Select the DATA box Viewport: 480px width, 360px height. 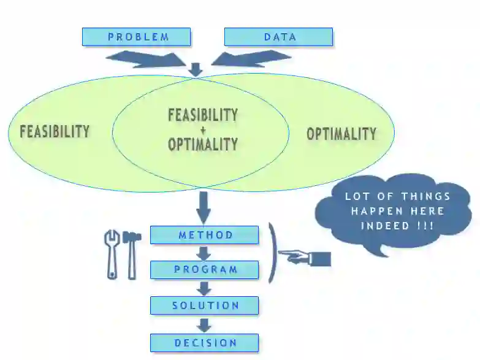click(279, 37)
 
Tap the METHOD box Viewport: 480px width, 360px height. click(205, 235)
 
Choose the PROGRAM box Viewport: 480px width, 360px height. click(205, 269)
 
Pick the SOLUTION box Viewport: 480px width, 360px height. click(205, 305)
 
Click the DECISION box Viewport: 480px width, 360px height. click(205, 342)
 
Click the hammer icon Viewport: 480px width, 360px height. click(132, 251)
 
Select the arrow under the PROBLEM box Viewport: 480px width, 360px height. click(147, 59)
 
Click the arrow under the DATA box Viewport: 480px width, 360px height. click(251, 59)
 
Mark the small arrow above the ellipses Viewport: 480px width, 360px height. click(196, 70)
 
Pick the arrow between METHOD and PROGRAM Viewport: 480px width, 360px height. click(204, 253)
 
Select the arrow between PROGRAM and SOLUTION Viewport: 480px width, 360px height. click(204, 288)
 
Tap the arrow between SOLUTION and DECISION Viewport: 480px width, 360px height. click(204, 324)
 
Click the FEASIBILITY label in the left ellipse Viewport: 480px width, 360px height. click(55, 131)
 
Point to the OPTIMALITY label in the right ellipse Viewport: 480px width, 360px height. click(341, 133)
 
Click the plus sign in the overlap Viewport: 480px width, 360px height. click(203, 130)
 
